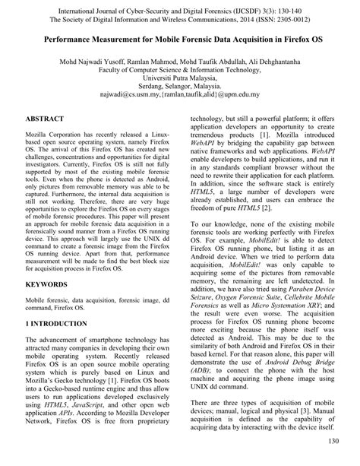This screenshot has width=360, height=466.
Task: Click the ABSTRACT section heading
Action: pyautogui.click(x=45, y=120)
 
